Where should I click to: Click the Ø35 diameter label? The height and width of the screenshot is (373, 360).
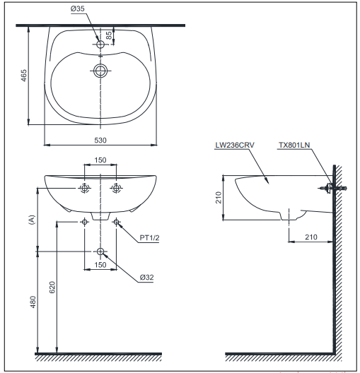(77, 8)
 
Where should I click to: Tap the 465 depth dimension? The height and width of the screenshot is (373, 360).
(24, 76)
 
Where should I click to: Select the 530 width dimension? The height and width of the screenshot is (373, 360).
(100, 140)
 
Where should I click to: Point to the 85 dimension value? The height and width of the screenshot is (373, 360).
(108, 35)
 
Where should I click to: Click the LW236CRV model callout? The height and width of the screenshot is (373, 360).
(235, 145)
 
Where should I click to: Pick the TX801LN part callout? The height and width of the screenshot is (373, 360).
(294, 145)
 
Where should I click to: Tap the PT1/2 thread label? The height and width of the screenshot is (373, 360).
(149, 237)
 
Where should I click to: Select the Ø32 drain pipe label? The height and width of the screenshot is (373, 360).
(146, 278)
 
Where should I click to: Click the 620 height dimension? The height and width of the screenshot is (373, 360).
(52, 287)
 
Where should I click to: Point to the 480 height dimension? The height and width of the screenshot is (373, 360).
(33, 302)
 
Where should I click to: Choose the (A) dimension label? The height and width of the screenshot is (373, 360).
(32, 220)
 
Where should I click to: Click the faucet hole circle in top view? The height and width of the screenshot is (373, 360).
(100, 44)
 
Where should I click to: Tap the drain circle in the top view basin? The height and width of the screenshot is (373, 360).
(100, 71)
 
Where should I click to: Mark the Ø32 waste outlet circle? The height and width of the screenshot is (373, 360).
(100, 251)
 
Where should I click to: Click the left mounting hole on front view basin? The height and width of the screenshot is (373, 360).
(84, 188)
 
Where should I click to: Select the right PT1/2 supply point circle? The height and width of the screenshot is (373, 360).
(116, 222)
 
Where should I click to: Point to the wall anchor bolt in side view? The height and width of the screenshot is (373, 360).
(332, 188)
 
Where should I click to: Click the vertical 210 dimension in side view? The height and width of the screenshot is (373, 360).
(219, 197)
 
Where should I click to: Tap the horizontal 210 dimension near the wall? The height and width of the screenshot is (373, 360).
(311, 237)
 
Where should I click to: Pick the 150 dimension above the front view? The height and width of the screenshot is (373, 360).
(100, 160)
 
